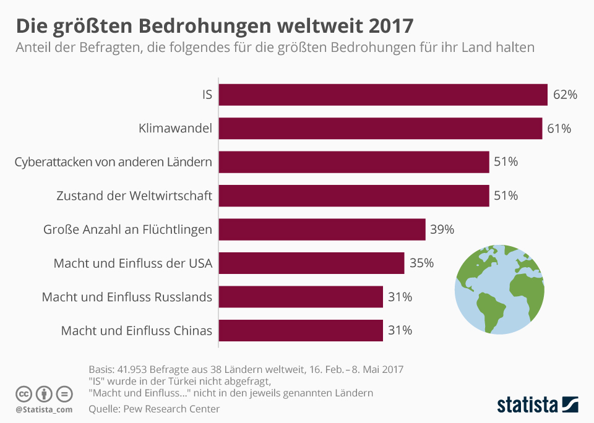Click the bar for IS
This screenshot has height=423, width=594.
pos(383,95)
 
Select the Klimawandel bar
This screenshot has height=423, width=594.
pos(381,129)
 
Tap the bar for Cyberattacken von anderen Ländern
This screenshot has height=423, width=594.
pos(354,162)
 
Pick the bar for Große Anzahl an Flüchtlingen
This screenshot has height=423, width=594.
pos(322,229)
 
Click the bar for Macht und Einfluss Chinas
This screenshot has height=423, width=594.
pos(301,330)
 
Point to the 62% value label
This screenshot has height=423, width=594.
pos(566,95)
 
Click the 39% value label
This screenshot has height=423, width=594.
pos(442,229)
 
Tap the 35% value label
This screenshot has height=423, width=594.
pos(421,263)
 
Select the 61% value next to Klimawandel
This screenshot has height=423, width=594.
pos(559,129)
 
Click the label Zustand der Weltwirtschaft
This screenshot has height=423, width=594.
pos(134,196)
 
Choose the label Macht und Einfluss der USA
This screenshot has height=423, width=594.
pos(133,263)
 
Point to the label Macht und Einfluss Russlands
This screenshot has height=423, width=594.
pos(127,297)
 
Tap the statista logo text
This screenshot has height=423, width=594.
pos(527,405)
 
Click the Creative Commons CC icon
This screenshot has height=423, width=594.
pos(24,393)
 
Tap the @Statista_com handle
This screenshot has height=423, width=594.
pos(44,409)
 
